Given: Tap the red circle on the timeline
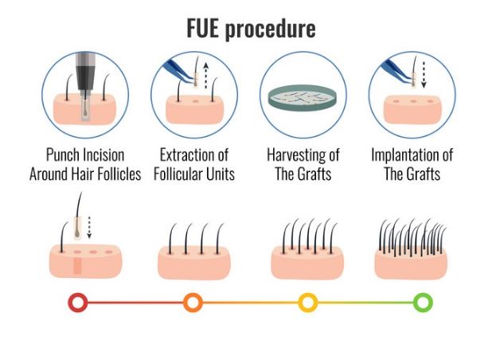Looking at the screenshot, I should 77,303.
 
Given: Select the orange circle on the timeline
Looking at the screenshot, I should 193,303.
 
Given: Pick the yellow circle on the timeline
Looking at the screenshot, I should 308,303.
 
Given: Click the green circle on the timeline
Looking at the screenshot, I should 423,303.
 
